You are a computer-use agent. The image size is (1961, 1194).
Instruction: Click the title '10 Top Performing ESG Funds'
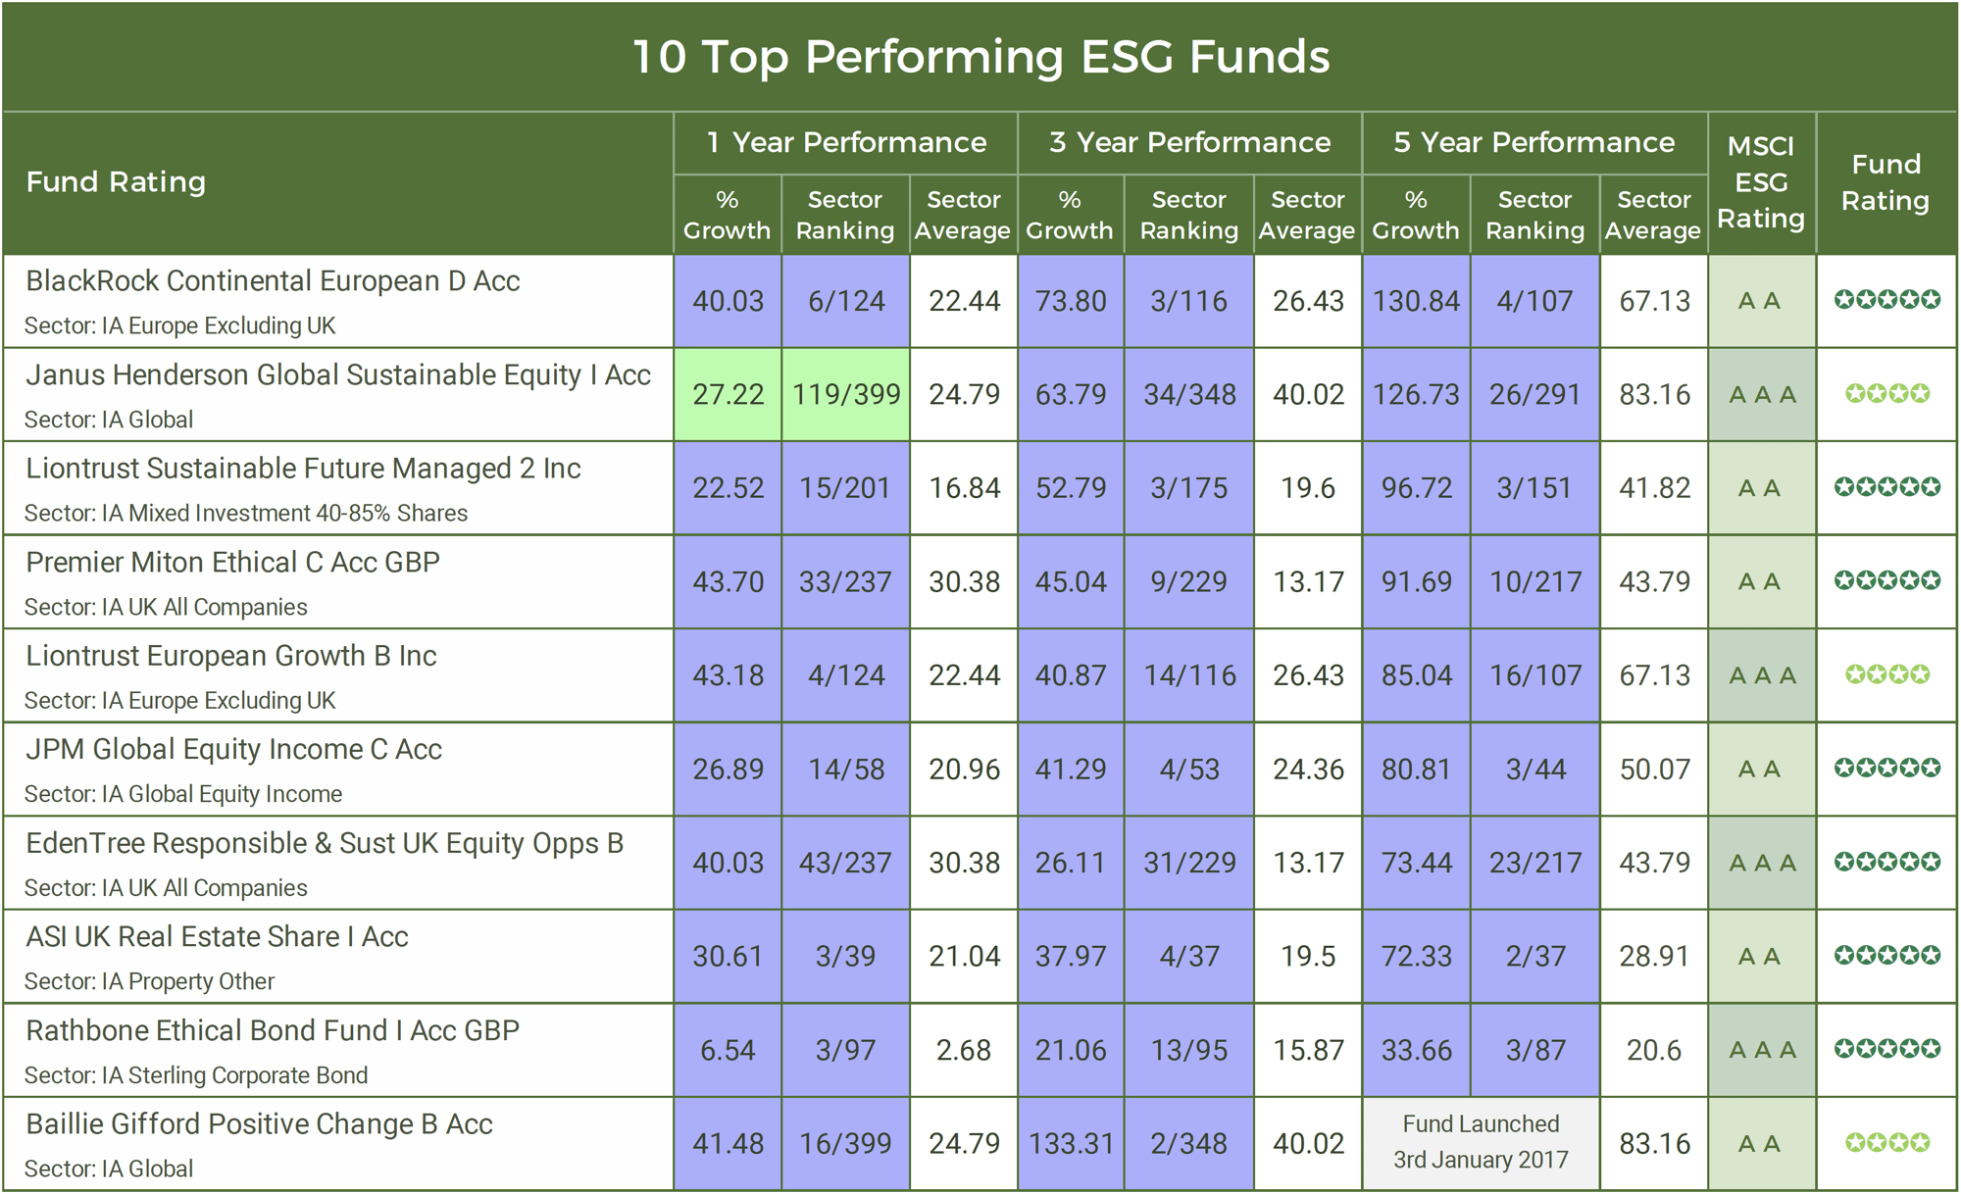(980, 57)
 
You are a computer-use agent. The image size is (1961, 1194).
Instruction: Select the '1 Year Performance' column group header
(846, 143)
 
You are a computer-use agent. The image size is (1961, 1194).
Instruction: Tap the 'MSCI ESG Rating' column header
(1761, 182)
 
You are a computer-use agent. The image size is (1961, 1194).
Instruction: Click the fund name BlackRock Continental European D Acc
(273, 281)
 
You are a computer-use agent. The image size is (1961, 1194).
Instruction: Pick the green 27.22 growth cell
(728, 394)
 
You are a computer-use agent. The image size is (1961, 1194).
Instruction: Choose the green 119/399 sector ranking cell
(846, 394)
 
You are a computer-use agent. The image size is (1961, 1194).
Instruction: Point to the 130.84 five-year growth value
(1416, 301)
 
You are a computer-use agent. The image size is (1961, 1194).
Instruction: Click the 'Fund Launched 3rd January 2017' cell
(1481, 1142)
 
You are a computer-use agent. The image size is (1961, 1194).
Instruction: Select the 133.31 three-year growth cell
(1071, 1143)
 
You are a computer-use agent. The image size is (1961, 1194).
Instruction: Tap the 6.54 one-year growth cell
(728, 1050)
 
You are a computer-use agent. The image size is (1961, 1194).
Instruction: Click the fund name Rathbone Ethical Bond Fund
(273, 1031)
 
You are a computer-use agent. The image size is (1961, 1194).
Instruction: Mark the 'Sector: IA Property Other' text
(149, 981)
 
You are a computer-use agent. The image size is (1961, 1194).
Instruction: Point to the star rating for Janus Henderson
(1886, 394)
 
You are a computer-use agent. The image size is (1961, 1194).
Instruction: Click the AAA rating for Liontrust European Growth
(1762, 675)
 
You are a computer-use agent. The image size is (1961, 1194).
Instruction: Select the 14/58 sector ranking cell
(846, 770)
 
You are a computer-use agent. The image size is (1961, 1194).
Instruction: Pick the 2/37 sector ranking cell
(1535, 956)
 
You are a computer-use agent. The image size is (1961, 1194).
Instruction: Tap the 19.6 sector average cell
(1308, 488)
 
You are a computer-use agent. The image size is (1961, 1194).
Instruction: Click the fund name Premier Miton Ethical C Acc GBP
(232, 563)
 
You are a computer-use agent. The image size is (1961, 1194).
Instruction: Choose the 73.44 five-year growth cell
(1416, 863)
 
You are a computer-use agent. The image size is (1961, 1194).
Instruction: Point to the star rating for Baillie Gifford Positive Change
(1886, 1143)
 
